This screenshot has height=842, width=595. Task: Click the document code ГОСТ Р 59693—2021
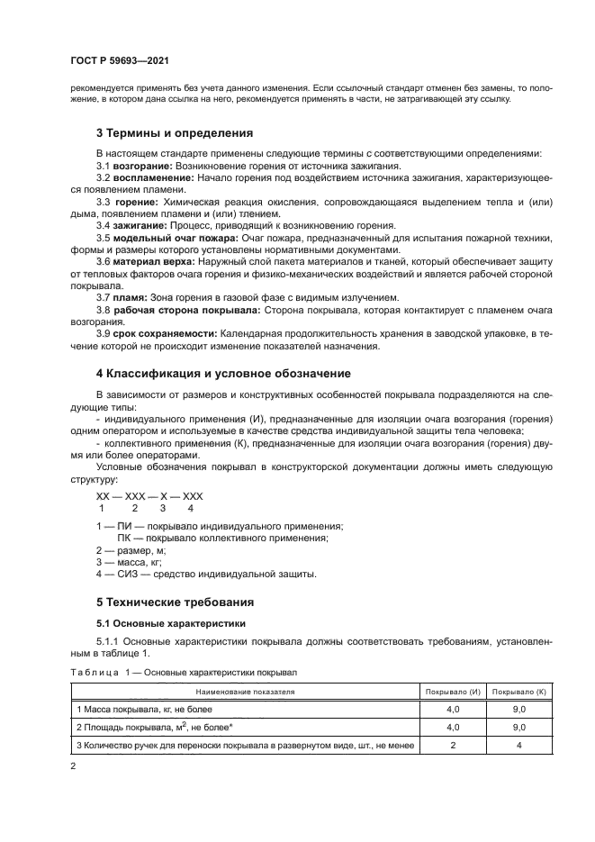119,61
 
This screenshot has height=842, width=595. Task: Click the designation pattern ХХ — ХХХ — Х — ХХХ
149,496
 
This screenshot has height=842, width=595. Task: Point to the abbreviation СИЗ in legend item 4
128,574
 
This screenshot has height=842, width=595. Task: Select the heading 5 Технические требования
175,602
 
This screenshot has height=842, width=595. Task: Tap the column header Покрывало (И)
453,692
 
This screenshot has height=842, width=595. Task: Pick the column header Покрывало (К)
519,692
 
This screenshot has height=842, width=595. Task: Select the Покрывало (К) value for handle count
519,744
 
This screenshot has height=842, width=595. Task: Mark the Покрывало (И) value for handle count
453,744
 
